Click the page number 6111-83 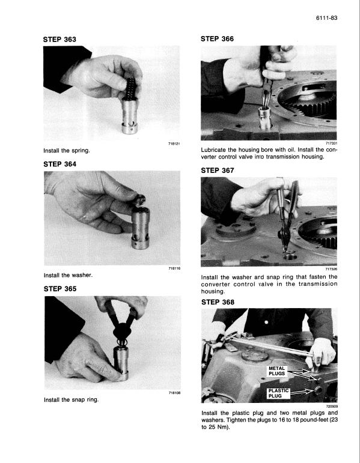pyautogui.click(x=326, y=18)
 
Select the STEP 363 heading pyautogui.click(x=60, y=39)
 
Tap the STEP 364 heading pyautogui.click(x=60, y=163)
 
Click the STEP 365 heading pyautogui.click(x=60, y=288)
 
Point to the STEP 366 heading pyautogui.click(x=217, y=39)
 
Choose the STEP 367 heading pyautogui.click(x=217, y=170)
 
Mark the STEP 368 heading pyautogui.click(x=217, y=301)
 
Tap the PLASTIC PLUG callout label pyautogui.click(x=278, y=393)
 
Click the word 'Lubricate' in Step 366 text pyautogui.click(x=216, y=150)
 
